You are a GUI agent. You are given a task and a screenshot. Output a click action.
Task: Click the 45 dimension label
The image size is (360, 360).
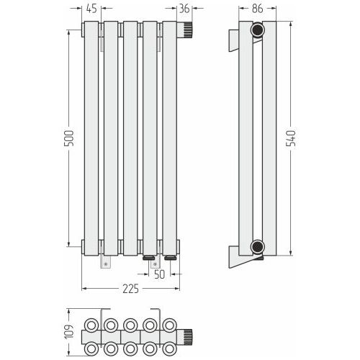(x=91, y=9)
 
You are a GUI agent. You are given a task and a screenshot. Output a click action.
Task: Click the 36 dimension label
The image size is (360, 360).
(x=184, y=9)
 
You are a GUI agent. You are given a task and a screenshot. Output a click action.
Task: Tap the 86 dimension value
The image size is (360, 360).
(x=258, y=9)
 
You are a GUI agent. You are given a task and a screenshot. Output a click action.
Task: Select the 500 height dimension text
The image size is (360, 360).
(x=69, y=138)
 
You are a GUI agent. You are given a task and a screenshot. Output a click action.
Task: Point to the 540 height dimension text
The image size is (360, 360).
(x=292, y=138)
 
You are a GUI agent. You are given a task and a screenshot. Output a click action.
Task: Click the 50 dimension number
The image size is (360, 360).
(x=160, y=274)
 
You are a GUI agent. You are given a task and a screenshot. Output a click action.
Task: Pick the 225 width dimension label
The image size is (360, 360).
(x=131, y=289)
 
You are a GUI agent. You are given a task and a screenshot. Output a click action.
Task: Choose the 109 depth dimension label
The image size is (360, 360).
(x=69, y=332)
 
